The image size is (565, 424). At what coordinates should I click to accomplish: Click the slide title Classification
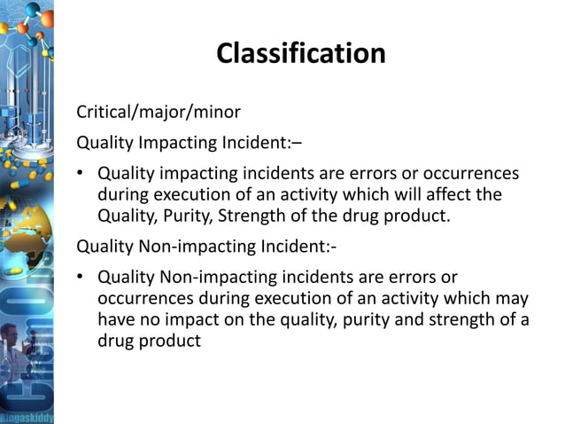301,53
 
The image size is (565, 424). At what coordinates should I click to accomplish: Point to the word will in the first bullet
407,193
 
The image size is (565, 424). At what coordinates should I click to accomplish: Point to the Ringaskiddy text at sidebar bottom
27,416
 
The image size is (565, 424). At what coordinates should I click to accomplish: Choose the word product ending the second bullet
174,342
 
